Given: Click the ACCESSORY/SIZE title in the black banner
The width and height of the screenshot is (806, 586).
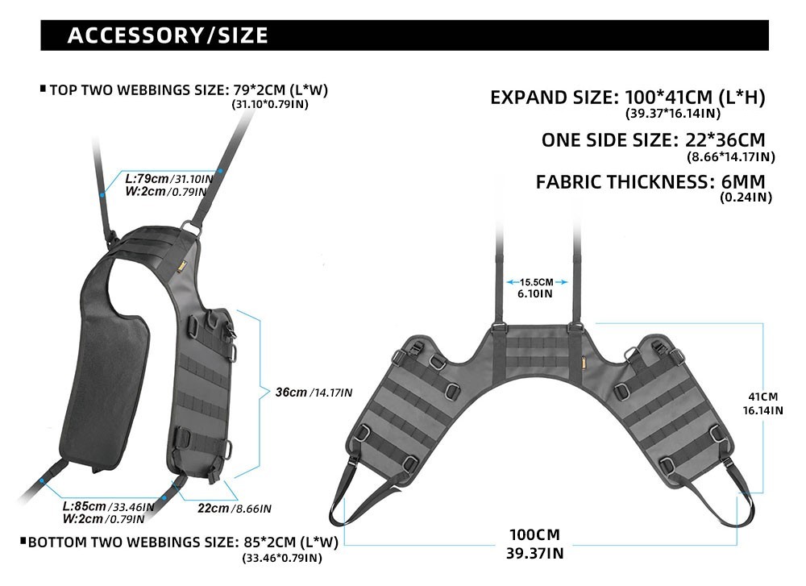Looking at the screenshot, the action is click(168, 35).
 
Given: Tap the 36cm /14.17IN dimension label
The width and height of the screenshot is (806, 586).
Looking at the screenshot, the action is click(314, 393).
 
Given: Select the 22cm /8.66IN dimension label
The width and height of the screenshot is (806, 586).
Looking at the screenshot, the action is click(235, 509).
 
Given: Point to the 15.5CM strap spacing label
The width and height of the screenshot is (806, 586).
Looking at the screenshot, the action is click(536, 282).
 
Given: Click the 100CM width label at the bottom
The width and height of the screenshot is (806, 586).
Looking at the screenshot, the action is click(534, 534).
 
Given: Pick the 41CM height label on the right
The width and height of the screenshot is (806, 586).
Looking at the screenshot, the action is click(762, 397).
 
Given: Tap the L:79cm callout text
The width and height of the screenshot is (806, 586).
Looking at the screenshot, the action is click(147, 179).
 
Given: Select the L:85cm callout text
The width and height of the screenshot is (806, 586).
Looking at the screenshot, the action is click(85, 506).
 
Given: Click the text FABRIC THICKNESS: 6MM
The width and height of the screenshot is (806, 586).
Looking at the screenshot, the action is click(650, 182).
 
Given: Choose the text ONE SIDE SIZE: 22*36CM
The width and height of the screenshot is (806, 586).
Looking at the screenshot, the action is click(654, 139).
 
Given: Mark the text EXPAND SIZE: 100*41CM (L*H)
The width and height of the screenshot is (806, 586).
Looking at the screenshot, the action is click(628, 98).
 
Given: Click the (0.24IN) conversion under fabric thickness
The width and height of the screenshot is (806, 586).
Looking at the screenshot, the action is click(746, 197).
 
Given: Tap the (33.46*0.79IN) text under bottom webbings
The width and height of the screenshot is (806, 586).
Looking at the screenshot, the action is click(282, 558).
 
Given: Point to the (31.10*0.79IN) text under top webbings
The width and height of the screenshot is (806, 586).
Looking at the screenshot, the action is click(270, 104).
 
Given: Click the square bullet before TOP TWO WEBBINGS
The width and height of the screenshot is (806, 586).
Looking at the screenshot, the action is click(44, 89).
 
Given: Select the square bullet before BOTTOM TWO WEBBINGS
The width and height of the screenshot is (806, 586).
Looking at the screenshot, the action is click(23, 541).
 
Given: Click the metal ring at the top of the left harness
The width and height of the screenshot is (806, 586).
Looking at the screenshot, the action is click(191, 228).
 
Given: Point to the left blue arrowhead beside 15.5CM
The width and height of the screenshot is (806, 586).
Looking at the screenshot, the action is click(510, 282).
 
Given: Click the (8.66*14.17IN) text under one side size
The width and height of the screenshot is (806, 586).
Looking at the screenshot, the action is click(731, 157).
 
